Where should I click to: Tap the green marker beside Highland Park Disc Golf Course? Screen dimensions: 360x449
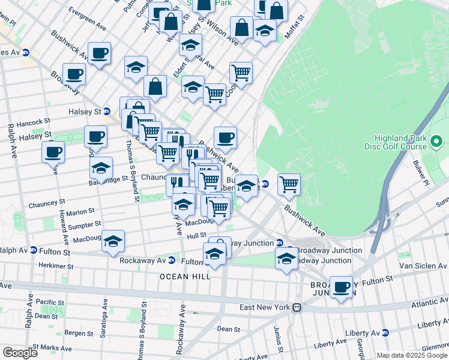tap(436, 142)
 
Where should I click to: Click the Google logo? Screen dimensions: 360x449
tap(20, 353)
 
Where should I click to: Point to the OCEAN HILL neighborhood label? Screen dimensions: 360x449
tap(185, 277)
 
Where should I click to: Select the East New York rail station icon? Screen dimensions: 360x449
tap(297, 308)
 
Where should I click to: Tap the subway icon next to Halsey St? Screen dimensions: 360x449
tap(107, 111)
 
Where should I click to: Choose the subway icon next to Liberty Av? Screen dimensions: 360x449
tap(387, 332)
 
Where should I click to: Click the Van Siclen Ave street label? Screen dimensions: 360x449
tap(421, 265)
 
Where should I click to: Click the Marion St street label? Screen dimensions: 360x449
tap(80, 212)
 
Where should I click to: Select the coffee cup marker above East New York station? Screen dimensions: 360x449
tap(342, 286)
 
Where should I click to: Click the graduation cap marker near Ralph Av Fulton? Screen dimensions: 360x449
tap(113, 241)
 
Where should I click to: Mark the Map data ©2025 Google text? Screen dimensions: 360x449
tap(412, 355)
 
